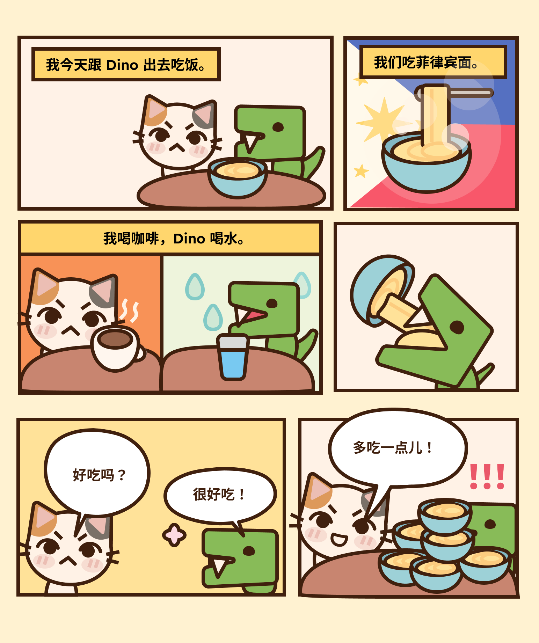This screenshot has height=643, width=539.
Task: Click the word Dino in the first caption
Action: click(122, 65)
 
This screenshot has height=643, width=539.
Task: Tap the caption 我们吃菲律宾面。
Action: click(433, 62)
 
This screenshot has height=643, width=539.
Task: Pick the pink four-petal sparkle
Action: click(174, 535)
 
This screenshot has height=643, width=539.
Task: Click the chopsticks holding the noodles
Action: click(454, 93)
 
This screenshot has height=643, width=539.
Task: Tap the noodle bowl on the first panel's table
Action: click(238, 177)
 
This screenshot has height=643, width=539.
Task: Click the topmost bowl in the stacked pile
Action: click(445, 517)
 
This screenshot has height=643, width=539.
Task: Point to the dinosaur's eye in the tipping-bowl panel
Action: click(457, 327)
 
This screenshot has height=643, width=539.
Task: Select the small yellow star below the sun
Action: click(361, 171)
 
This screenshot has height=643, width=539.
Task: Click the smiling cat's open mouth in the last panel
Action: click(339, 540)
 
